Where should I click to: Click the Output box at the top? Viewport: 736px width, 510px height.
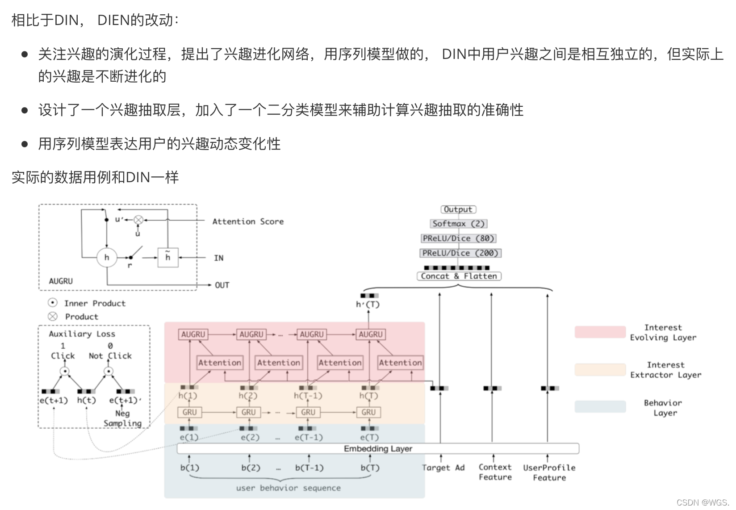tap(458, 209)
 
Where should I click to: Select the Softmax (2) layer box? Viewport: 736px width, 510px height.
tap(458, 224)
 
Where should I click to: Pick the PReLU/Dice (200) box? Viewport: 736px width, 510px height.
tap(460, 253)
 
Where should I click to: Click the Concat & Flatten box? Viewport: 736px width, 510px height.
tap(459, 276)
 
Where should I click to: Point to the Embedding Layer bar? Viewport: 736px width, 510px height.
tap(378, 448)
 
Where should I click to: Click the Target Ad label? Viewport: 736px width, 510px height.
tap(443, 468)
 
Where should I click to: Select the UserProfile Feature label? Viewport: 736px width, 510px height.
tap(549, 472)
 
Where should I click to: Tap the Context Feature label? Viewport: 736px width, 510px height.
tap(495, 472)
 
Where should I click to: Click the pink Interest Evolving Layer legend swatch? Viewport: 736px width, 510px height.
tap(600, 332)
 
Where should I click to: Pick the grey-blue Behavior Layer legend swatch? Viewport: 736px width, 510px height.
tap(600, 406)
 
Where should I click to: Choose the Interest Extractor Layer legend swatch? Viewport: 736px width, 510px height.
tap(600, 370)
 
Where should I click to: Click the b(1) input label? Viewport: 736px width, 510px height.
tap(190, 468)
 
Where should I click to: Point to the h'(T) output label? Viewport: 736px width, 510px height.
tap(368, 305)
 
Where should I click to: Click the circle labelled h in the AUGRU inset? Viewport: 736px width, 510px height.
tap(107, 257)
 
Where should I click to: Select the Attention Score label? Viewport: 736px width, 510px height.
tap(248, 222)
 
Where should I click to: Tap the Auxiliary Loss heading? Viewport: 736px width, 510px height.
tap(82, 334)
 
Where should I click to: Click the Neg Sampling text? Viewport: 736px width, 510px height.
tap(122, 418)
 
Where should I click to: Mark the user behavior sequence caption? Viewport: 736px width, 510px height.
tap(288, 488)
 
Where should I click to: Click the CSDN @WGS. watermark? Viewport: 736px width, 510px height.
tap(703, 502)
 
